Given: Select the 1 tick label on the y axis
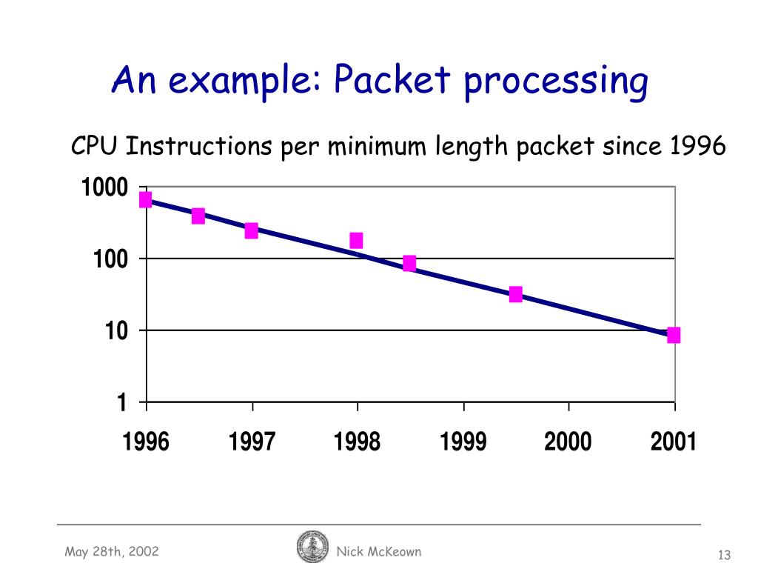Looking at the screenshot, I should point(123,402).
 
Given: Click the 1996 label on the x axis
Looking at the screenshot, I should point(146,442).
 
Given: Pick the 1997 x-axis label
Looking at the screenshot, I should point(252,442).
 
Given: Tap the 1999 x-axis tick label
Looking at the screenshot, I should point(463,442).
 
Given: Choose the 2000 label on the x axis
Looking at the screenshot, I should point(568,442).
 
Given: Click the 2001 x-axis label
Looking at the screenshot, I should point(674,442).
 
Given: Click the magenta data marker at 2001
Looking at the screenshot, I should point(673,335).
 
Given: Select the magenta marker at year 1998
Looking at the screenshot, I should point(356,240).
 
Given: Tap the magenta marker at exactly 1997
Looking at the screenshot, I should point(252,230).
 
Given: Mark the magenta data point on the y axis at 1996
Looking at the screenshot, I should point(146,199).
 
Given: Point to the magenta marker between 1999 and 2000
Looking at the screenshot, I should point(516,294).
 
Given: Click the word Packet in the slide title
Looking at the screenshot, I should point(392,81).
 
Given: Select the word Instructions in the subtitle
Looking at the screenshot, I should point(198,147).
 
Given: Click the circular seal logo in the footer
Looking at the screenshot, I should point(312,547).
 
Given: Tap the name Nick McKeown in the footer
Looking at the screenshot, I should point(378,551).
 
